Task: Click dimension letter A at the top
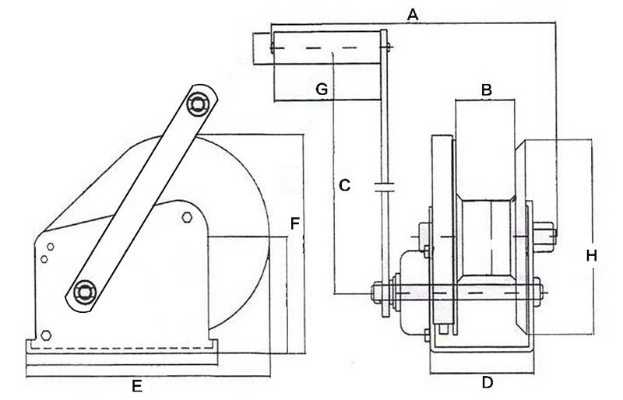414,14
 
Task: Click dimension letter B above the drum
486,90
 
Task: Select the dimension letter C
345,185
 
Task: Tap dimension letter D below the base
487,382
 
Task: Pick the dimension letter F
294,223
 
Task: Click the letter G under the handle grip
321,89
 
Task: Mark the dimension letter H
592,255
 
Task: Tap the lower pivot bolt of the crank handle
83,292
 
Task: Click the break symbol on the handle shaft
384,187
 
